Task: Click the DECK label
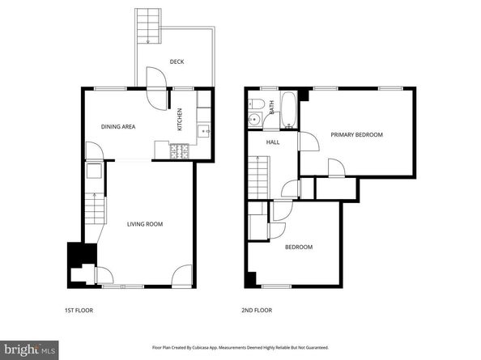click(177, 61)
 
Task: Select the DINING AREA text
click(117, 127)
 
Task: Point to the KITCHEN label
click(180, 121)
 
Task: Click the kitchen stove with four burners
click(179, 150)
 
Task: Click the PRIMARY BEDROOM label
click(357, 135)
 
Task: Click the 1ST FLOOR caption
click(80, 311)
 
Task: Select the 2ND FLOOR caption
click(257, 311)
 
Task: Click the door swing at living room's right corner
click(183, 274)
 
